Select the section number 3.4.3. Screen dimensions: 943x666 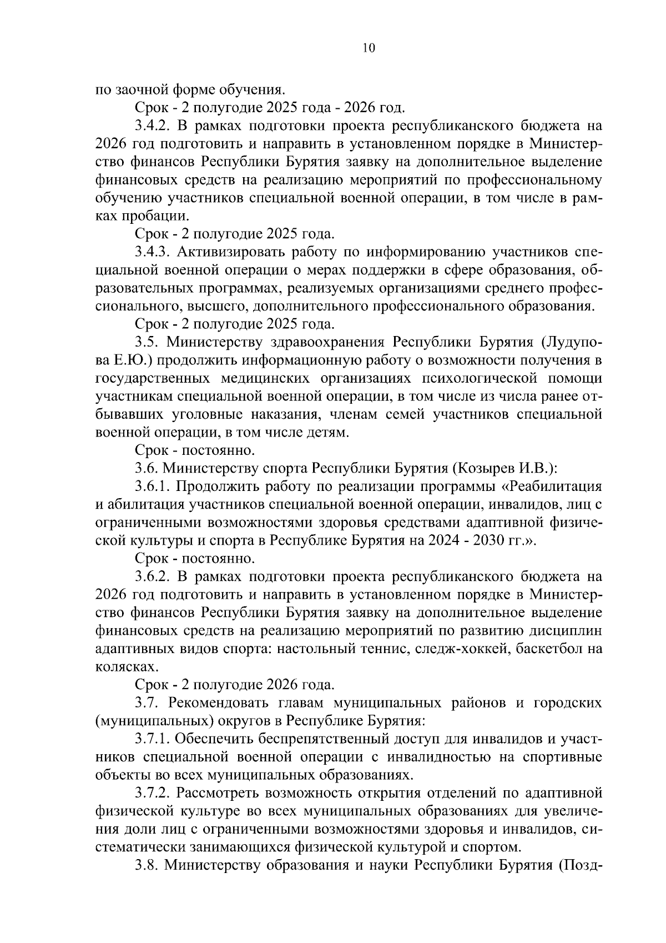tap(153, 252)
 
